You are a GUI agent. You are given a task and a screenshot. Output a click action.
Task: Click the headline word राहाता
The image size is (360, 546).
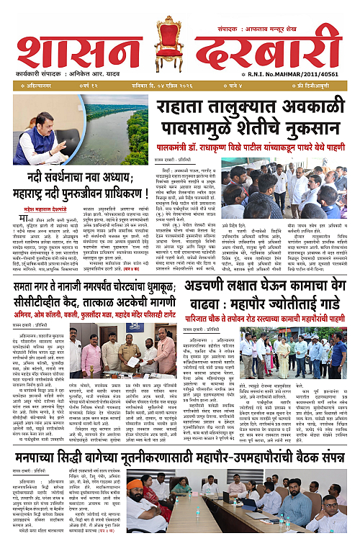coord(189,109)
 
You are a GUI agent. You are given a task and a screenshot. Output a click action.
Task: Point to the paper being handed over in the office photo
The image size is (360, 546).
coord(132,361)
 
